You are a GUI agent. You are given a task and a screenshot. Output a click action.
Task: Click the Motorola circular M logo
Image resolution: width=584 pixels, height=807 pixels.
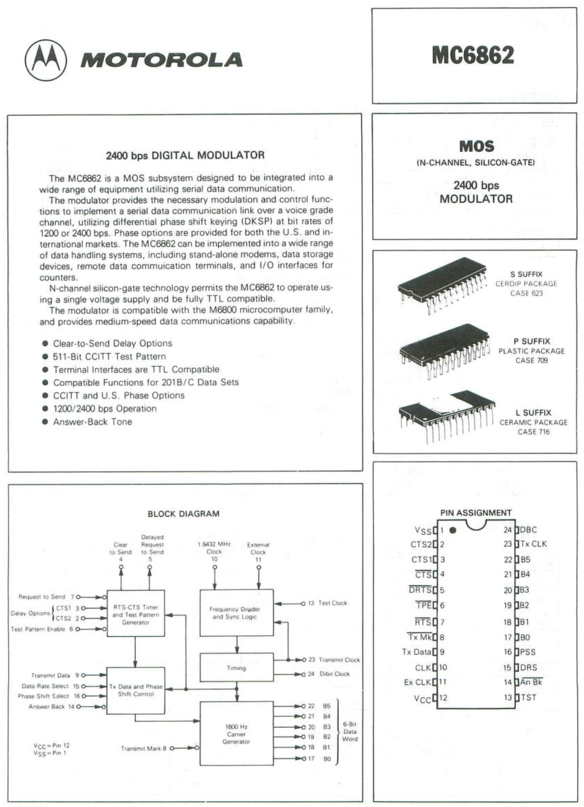coord(46,60)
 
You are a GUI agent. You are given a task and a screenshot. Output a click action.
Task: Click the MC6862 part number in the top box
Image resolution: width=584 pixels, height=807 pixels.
coord(473,55)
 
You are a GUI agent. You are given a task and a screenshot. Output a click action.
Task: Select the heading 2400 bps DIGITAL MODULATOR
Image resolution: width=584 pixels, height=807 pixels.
coord(185,155)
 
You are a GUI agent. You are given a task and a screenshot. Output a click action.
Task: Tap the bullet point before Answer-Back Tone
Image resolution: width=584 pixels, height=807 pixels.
coord(46,422)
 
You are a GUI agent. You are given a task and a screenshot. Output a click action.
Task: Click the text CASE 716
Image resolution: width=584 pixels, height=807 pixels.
coord(533,432)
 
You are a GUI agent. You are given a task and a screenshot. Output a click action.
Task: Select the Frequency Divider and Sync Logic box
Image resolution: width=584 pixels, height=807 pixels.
coord(236,613)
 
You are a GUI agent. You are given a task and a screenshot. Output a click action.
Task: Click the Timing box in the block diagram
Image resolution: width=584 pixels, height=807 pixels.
coord(236,668)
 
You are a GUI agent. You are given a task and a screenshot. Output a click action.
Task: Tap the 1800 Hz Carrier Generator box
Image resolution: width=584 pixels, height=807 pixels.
coord(236,733)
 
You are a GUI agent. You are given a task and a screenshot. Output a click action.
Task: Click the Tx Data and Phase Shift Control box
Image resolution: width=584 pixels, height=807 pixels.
coord(135,690)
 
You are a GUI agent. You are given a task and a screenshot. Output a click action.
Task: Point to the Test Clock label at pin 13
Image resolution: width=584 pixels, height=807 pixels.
coord(333,603)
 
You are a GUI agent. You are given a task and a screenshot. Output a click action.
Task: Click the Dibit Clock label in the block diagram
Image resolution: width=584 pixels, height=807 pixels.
coord(335,674)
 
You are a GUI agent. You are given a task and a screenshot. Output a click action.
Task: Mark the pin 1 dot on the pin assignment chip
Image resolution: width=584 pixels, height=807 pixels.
coord(453,530)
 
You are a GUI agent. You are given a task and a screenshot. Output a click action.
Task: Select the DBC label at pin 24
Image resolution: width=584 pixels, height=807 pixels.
coord(529,530)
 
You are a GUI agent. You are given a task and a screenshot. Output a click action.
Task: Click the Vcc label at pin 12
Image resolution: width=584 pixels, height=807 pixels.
coord(423,699)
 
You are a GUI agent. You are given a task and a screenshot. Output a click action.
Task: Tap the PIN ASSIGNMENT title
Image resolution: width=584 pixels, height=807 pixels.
coord(476,513)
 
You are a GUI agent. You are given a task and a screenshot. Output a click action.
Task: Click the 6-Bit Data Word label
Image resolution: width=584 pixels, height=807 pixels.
coord(350,732)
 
